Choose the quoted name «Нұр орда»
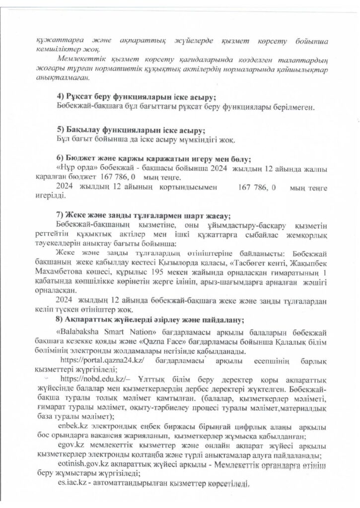[73, 169]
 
